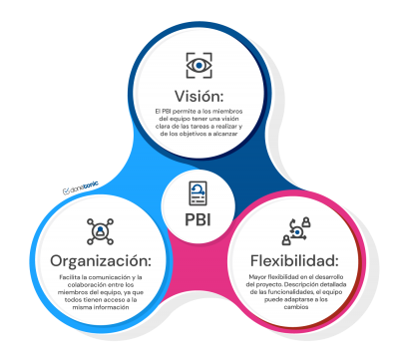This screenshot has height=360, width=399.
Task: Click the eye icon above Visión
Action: pyautogui.click(x=199, y=65)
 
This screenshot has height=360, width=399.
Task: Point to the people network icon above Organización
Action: pyautogui.click(x=101, y=232)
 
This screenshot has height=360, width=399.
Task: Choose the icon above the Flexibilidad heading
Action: pyautogui.click(x=297, y=231)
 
